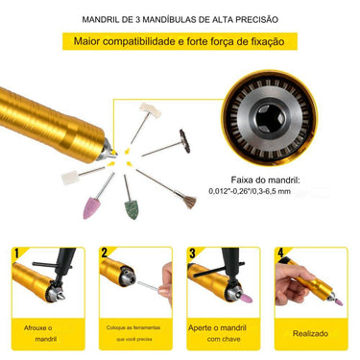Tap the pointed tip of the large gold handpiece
pyautogui.click(x=112, y=153)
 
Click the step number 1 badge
pyautogui.click(x=16, y=252)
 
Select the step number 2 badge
pyautogui.click(x=103, y=252)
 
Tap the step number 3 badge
pyautogui.click(x=191, y=252)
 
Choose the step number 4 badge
pyautogui.click(x=278, y=252)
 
